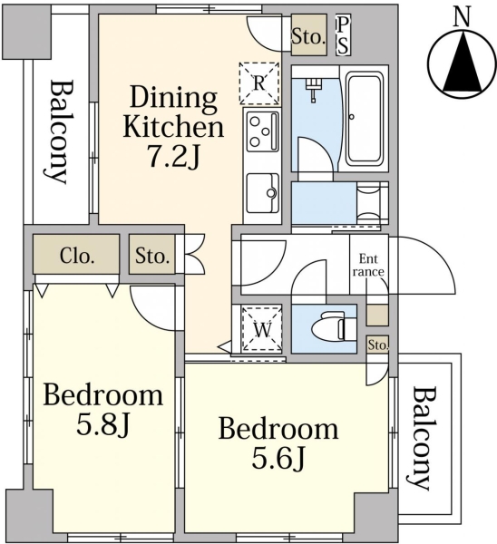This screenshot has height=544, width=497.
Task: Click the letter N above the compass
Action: (463, 18)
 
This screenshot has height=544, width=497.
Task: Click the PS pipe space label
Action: (343, 34)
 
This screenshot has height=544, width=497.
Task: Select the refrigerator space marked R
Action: (259, 83)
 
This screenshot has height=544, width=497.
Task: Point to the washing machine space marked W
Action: (262, 328)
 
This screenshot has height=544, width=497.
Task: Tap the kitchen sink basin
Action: (263, 193)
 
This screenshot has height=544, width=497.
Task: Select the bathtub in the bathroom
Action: (364, 118)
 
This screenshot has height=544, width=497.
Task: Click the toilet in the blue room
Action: (334, 328)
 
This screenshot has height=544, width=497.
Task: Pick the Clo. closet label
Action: (77, 256)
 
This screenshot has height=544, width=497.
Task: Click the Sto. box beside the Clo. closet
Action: (152, 255)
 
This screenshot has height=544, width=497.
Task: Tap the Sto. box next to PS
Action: (309, 34)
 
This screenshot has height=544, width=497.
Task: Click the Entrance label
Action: (368, 265)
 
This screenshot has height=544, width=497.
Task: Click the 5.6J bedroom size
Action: (278, 457)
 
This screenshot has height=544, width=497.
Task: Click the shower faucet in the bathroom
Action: (313, 90)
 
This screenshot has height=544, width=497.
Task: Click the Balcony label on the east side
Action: (420, 438)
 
